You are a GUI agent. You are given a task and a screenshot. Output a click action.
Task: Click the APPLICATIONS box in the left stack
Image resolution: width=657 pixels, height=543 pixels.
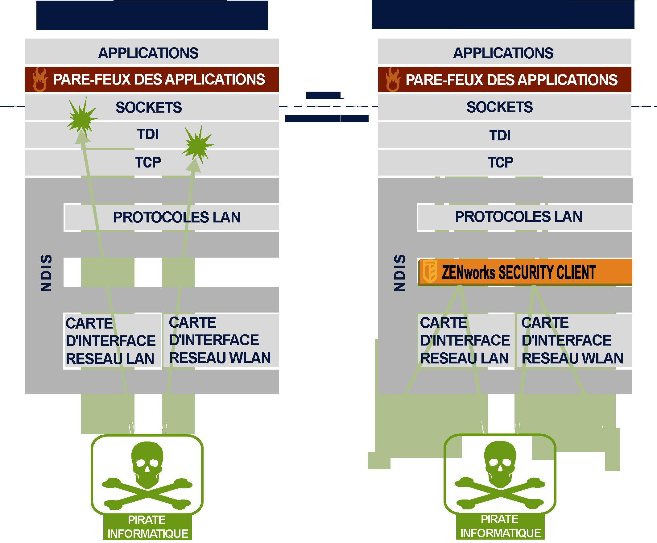[x=149, y=52]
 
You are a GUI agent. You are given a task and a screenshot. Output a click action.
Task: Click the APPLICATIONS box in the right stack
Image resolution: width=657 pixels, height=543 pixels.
[x=503, y=52]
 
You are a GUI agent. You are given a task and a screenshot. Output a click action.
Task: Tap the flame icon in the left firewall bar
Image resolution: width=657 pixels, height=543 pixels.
[x=40, y=80]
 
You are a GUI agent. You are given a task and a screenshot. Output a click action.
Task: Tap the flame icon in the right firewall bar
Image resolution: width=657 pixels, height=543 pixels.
[x=393, y=80]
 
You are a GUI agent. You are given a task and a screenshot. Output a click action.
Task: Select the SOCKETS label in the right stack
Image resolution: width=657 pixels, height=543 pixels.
[x=500, y=107]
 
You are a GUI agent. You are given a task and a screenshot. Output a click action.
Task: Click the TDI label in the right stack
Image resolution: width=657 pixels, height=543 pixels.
[x=500, y=135]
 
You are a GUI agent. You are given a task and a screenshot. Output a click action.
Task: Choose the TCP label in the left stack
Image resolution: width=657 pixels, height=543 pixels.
[x=148, y=162]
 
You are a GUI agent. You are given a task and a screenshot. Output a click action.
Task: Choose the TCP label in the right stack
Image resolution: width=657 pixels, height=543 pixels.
[x=500, y=162]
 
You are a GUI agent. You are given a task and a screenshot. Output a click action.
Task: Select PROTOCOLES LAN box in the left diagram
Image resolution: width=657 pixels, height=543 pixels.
[x=177, y=217]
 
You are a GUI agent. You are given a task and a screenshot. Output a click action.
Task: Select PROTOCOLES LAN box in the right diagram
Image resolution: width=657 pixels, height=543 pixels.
[x=519, y=217]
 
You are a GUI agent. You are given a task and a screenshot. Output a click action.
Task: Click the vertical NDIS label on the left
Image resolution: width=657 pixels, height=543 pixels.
[x=46, y=273]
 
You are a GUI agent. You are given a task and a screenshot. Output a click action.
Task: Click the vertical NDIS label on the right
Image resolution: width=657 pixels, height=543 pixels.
[x=399, y=273]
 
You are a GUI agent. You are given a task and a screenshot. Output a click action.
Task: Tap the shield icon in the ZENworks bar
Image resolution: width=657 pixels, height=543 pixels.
[x=430, y=271]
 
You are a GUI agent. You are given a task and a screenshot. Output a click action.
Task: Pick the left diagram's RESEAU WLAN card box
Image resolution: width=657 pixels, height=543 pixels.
[x=220, y=340]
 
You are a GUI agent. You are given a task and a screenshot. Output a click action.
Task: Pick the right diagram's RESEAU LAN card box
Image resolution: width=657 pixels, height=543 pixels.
[x=465, y=340]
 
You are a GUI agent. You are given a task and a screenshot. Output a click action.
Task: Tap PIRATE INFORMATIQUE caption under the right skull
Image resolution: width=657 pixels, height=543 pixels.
[x=500, y=526]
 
